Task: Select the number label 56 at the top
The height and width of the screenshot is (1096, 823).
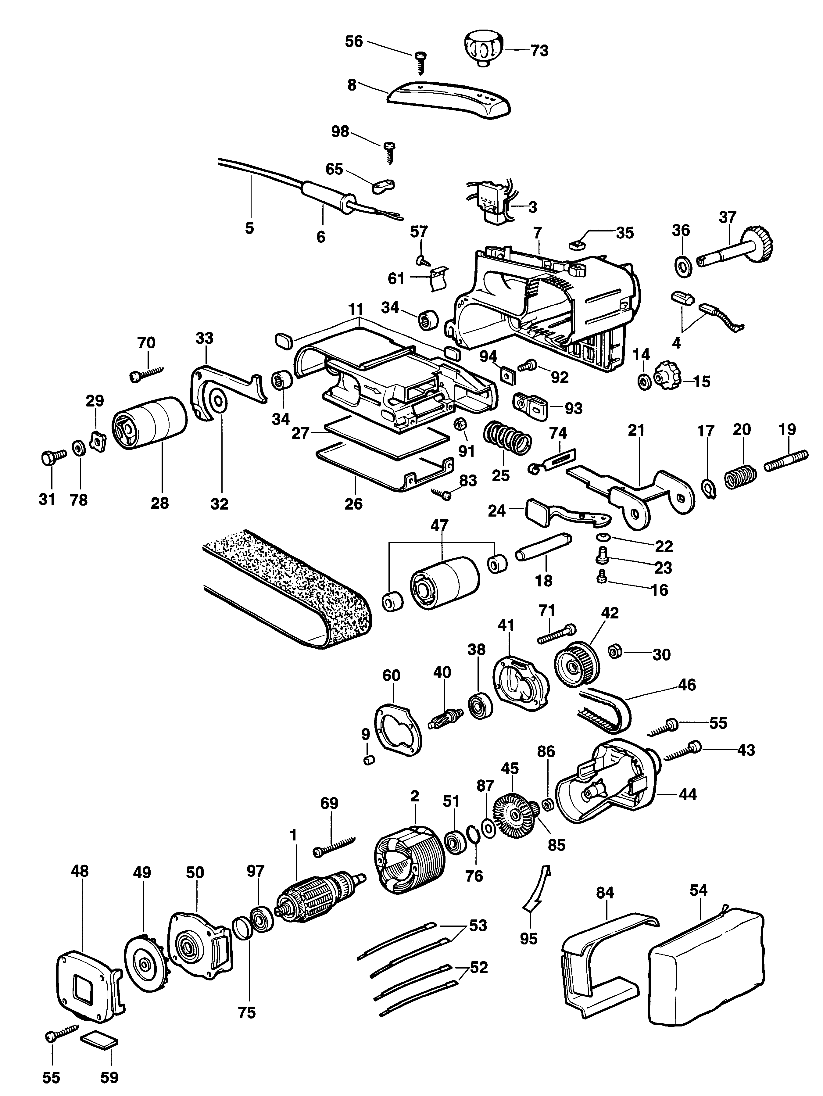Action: (354, 41)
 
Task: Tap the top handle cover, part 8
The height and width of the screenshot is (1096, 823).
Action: (449, 100)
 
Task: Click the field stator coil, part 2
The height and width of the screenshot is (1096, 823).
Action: (409, 860)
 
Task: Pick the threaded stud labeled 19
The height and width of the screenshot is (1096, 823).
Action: (786, 460)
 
